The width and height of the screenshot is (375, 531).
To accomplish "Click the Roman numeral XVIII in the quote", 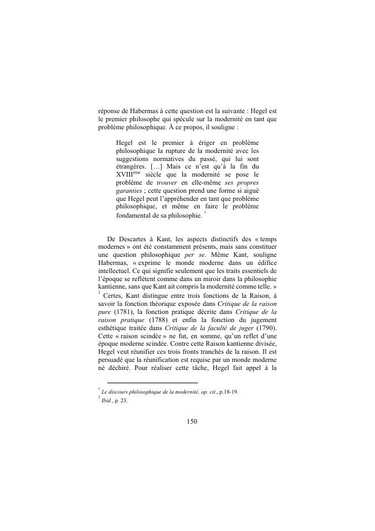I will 125,174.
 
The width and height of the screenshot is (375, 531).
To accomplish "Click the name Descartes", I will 130,255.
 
